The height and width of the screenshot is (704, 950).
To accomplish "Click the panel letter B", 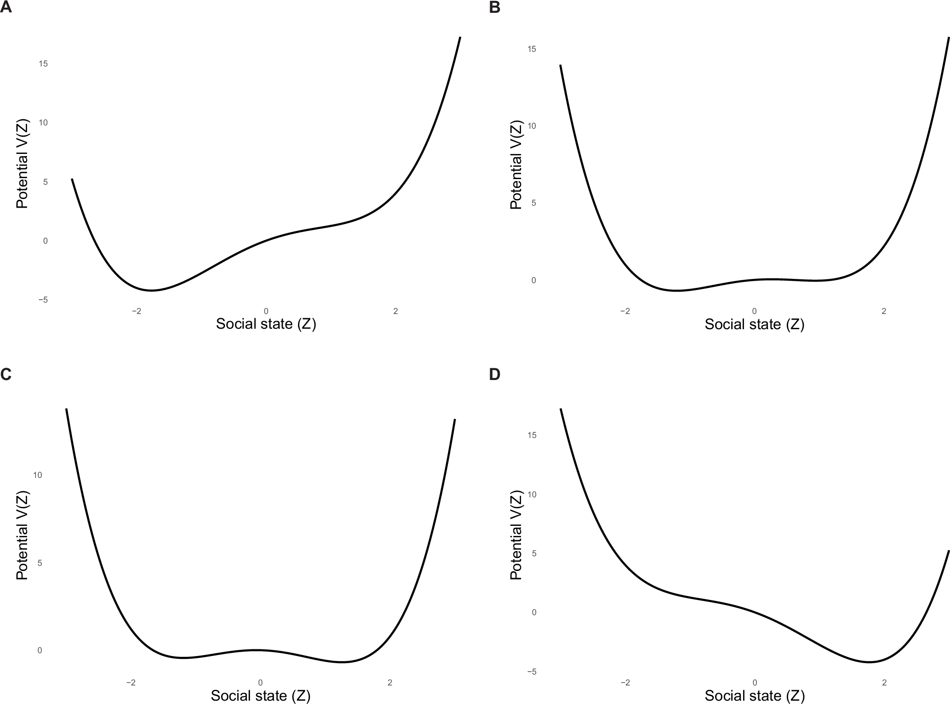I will click(x=494, y=8).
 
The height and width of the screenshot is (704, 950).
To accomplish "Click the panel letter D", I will click(x=494, y=374).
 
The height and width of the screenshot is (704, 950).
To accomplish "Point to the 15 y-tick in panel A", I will click(x=43, y=64).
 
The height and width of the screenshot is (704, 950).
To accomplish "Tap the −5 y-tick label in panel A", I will click(x=43, y=300).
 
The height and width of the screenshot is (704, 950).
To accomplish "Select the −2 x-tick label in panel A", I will click(x=137, y=311).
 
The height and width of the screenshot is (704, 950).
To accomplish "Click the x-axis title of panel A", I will click(x=266, y=324).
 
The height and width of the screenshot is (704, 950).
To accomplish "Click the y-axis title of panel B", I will click(x=516, y=164).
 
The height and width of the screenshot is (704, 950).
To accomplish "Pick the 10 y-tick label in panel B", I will click(x=532, y=126).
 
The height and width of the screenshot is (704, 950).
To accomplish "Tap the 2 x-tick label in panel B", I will click(x=884, y=311).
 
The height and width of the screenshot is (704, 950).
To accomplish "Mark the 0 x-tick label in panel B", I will click(x=754, y=311).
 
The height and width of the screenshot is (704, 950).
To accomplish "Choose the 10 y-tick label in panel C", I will click(x=37, y=475).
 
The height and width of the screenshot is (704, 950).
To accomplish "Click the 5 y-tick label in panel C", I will click(x=39, y=563).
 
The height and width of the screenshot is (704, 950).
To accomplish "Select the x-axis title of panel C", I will click(x=261, y=696).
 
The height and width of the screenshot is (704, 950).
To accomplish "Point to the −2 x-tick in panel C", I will click(x=131, y=683).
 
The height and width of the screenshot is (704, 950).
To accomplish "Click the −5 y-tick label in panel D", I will click(x=531, y=672).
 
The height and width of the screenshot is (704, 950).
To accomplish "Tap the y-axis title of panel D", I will click(x=516, y=535).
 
